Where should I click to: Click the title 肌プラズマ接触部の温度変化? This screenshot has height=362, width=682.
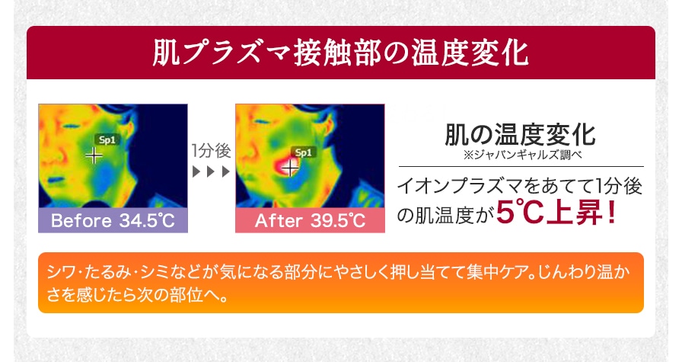coord(340,53)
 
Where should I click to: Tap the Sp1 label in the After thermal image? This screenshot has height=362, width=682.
coord(303,152)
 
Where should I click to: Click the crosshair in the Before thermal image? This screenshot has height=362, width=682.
coord(94,155)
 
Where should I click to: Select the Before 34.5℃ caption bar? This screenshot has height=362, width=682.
coord(112,221)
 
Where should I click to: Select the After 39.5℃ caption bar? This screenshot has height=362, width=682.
coord(310,221)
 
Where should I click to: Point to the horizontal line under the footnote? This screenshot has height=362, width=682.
coord(521,166)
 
